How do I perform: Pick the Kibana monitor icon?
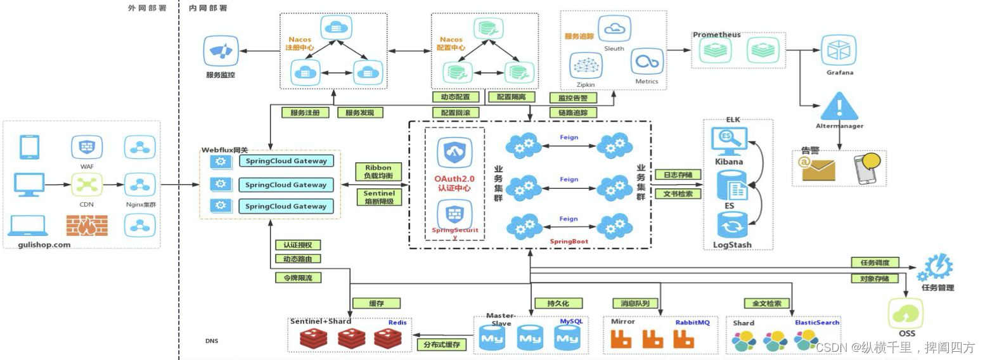tap(730, 141)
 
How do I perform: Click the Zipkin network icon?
tap(586, 65)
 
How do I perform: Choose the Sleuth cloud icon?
tap(614, 28)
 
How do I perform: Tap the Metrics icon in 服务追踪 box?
tap(647, 61)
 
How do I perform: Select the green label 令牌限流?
tap(298, 277)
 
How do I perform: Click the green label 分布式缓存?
tap(441, 345)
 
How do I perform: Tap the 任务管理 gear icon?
tap(935, 267)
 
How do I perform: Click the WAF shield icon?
tap(87, 147)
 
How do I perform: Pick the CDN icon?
tap(87, 185)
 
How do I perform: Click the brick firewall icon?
tap(87, 225)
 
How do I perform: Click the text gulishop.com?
tap(44, 244)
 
